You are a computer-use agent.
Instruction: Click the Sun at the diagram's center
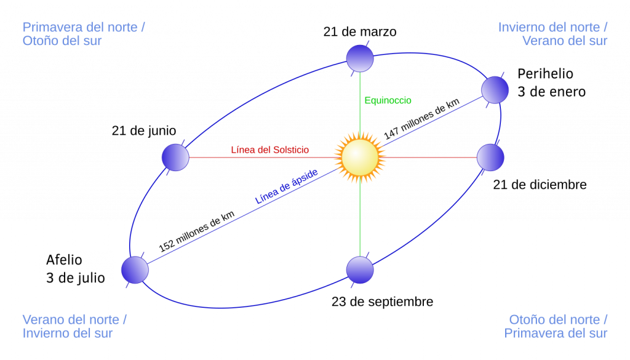[x=360, y=158]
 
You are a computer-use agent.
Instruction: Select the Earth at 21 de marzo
[x=360, y=58]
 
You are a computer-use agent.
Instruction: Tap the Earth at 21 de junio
[x=175, y=158]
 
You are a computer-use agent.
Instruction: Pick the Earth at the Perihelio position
[x=495, y=90]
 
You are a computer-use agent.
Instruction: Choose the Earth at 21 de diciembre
[x=490, y=158]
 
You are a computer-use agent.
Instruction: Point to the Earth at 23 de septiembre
[x=360, y=270]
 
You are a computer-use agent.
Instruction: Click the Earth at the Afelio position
[x=135, y=270]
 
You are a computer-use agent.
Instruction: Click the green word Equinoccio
[x=388, y=100]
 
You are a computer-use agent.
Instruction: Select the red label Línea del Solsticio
[x=270, y=150]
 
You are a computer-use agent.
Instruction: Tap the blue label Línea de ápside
[x=287, y=186]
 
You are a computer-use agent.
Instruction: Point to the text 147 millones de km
[x=421, y=119]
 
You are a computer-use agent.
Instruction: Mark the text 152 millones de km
[x=196, y=231]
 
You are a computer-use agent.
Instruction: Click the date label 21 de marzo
[x=360, y=32]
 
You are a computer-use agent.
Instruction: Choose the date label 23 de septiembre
[x=383, y=302]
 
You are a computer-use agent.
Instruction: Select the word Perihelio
[x=545, y=74]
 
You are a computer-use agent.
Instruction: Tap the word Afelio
[x=64, y=260]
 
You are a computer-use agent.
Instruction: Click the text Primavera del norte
[x=80, y=27]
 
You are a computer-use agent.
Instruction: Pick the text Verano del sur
[x=565, y=41]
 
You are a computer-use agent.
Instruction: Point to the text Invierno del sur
[x=68, y=334]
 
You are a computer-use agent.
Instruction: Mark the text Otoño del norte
[x=554, y=320]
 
